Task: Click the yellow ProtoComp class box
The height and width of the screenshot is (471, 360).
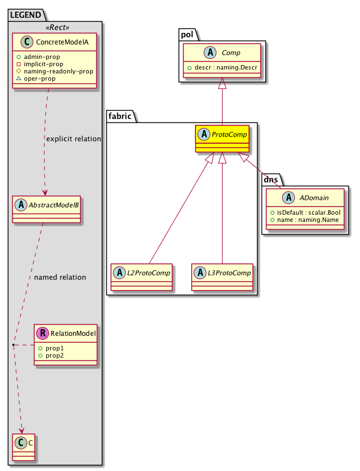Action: tap(221, 139)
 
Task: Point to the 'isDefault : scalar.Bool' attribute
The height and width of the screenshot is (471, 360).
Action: tap(308, 212)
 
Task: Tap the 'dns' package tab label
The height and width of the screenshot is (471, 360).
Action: tap(272, 180)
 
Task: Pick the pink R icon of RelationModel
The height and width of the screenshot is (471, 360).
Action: tap(43, 334)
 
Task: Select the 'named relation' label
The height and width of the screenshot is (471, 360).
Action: tap(60, 277)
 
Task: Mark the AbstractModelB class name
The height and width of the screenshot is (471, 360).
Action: tap(53, 205)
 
